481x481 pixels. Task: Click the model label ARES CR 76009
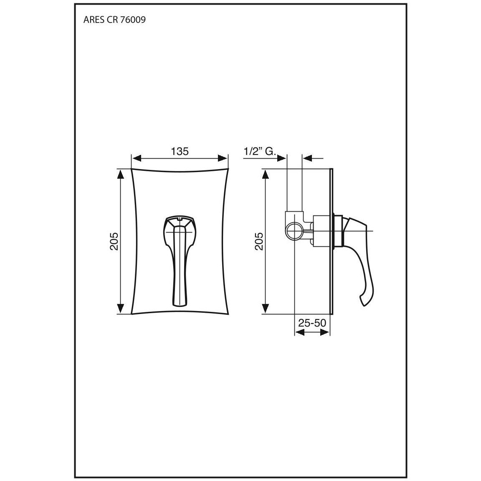(114, 20)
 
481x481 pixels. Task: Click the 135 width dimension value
(180, 151)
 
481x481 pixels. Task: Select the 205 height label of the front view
(114, 241)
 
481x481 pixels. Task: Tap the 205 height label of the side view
(259, 241)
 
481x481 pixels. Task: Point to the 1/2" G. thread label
(260, 151)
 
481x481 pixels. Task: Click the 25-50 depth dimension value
(312, 323)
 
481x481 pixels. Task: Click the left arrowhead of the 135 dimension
(136, 158)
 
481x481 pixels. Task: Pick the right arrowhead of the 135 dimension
(223, 158)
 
